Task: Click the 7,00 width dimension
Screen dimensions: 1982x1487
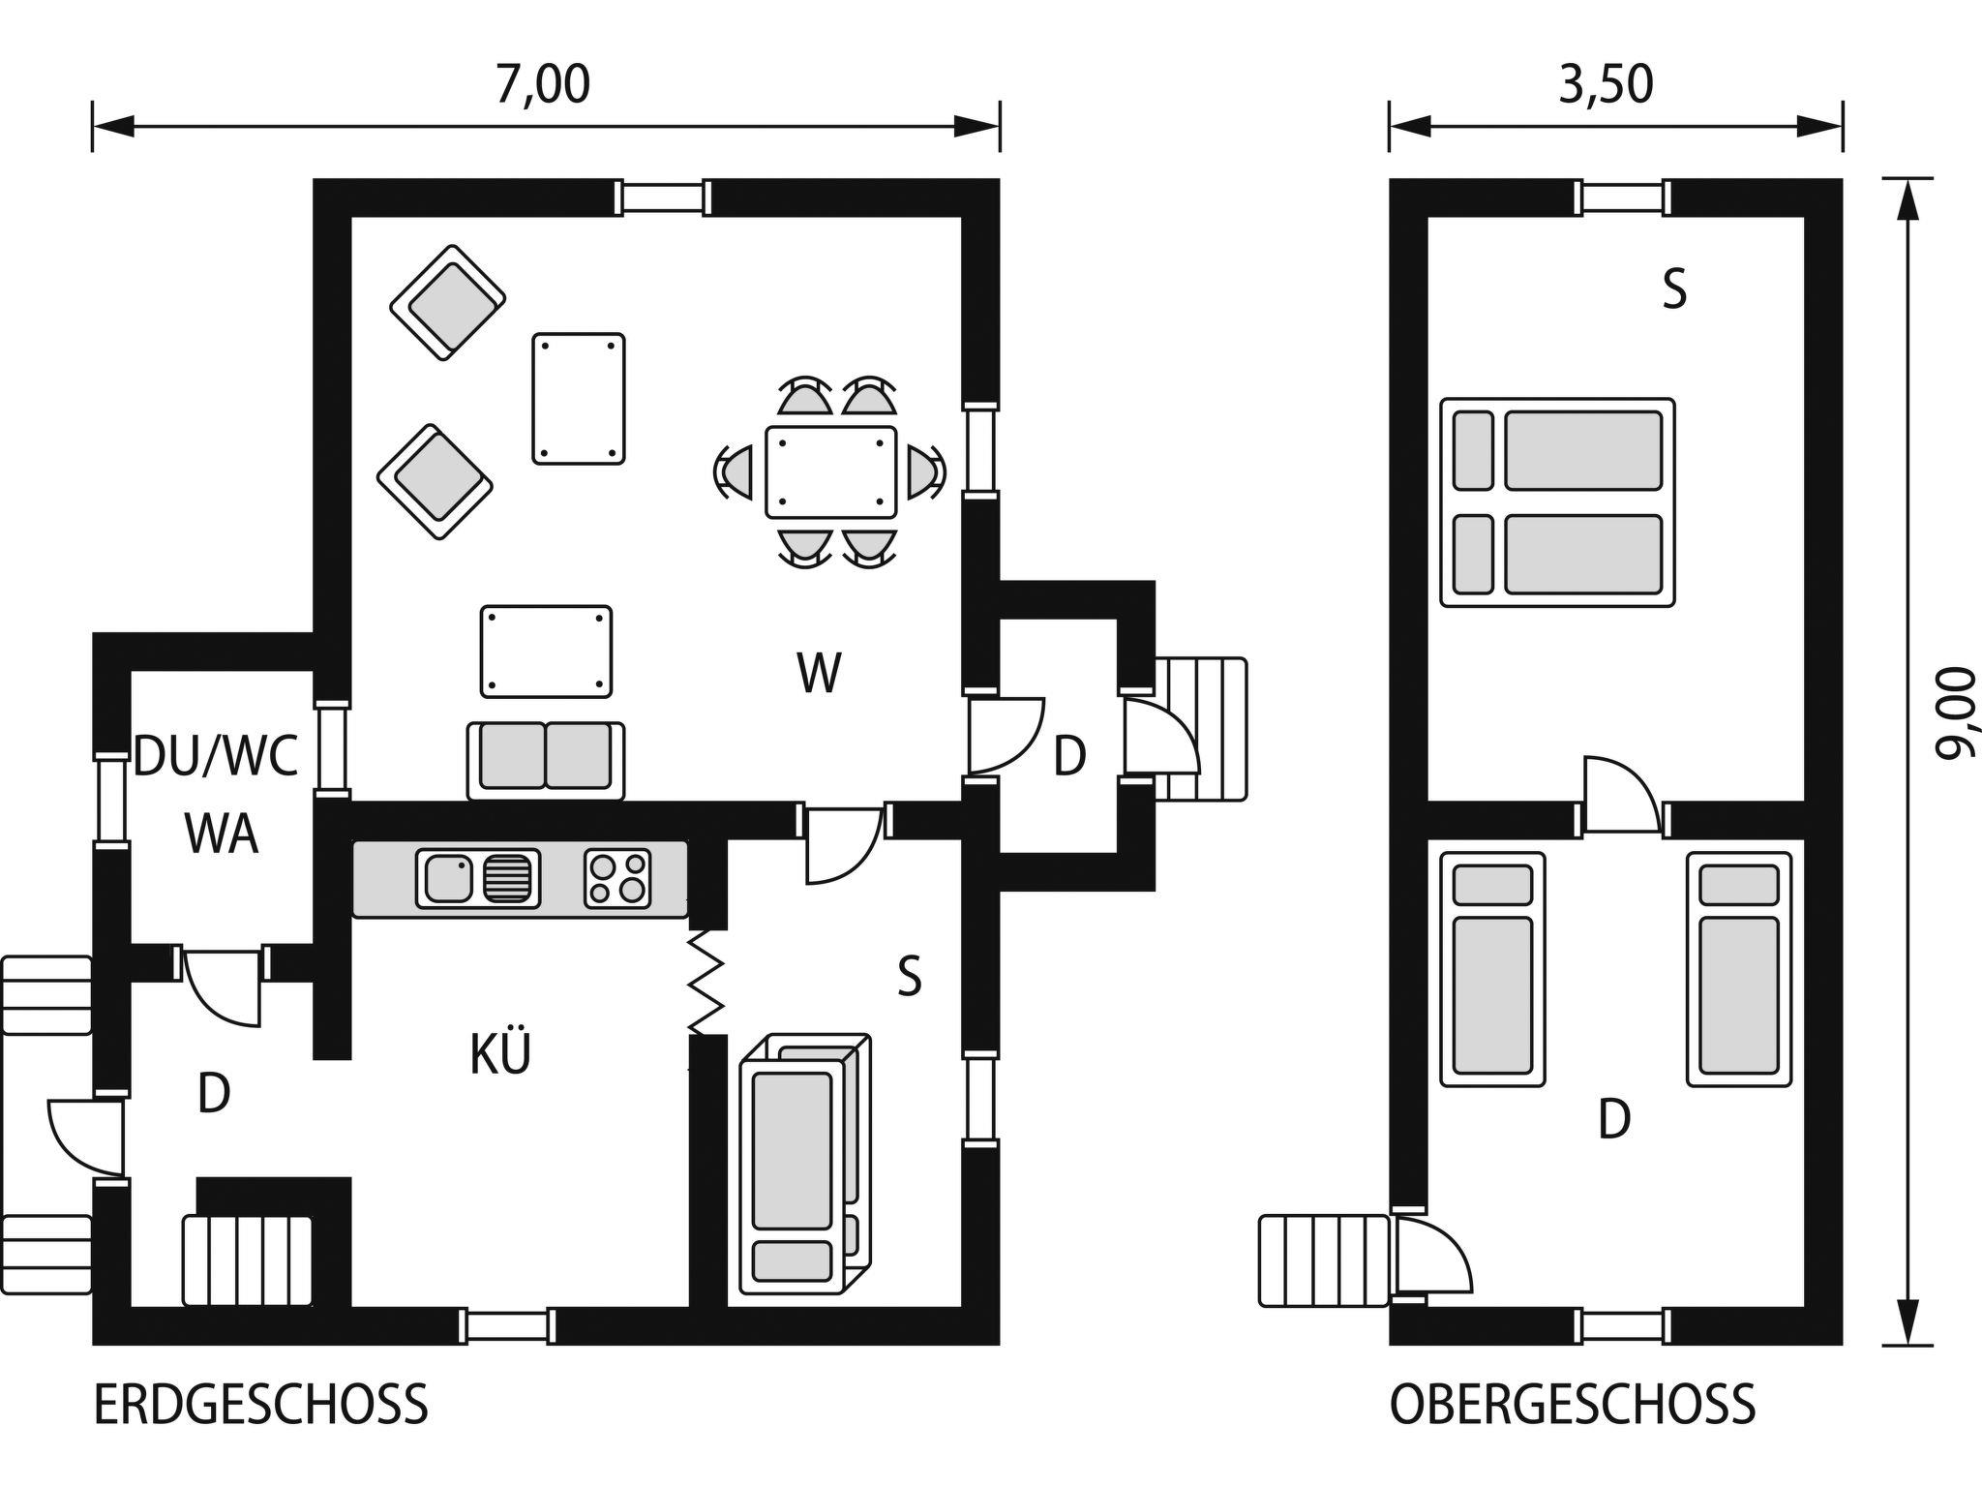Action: (543, 84)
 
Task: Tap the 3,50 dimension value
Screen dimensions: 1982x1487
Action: (1606, 84)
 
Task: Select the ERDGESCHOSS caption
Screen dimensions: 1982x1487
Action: (260, 1405)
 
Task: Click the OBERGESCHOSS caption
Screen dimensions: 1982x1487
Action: (1573, 1405)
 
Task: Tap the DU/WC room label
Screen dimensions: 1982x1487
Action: (216, 756)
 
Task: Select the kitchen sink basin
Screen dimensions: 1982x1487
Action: (445, 878)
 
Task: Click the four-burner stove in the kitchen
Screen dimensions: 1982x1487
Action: (617, 878)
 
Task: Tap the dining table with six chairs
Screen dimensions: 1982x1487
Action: (830, 471)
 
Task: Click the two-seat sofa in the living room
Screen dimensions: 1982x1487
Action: (546, 761)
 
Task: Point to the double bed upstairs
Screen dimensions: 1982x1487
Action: (1557, 502)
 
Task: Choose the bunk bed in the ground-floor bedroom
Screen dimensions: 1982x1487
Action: (804, 1165)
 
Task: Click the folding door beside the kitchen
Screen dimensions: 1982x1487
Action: (706, 982)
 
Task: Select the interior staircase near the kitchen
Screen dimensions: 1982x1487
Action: (248, 1260)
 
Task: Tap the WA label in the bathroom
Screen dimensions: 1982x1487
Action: (222, 833)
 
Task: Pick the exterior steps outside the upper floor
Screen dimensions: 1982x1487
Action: (1325, 1260)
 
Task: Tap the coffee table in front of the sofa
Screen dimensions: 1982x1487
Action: (547, 652)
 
